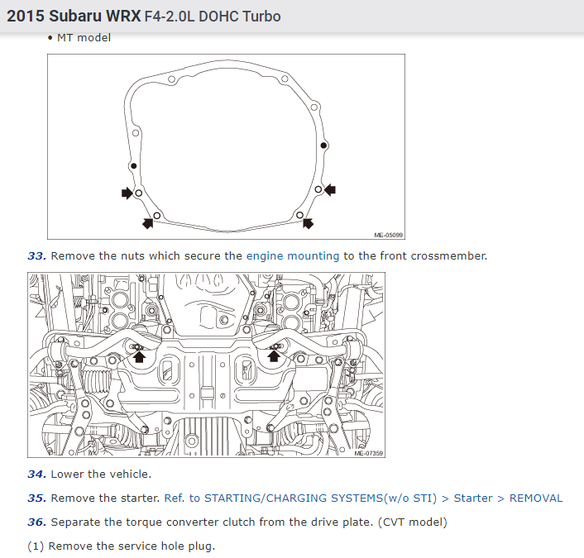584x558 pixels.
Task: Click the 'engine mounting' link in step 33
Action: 293,256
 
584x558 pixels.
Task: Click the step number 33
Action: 37,256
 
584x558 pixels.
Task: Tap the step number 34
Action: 37,475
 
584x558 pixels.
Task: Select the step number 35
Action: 37,498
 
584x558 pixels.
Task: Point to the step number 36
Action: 37,522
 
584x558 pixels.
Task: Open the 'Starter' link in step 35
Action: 473,498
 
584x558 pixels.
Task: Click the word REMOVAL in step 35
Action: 536,498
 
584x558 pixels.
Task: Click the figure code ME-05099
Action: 388,235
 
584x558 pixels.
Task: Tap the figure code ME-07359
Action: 368,453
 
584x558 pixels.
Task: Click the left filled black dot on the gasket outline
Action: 134,166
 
